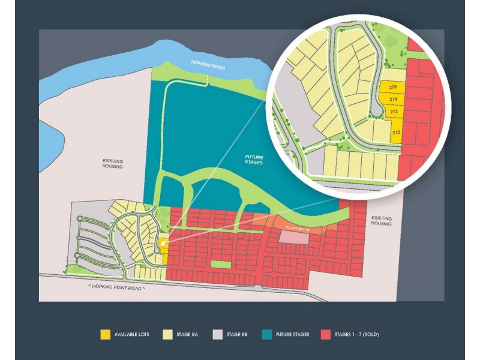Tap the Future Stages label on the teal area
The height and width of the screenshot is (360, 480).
pos(254,160)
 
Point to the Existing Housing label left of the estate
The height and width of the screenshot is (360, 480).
pos(112,163)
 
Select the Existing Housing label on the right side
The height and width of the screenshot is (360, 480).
pos(381,221)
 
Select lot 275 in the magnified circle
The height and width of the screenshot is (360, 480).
pos(393,88)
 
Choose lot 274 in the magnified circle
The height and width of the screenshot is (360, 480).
pos(393,100)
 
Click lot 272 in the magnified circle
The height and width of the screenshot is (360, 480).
pos(395,131)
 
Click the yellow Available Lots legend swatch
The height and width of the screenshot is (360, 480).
pos(106,334)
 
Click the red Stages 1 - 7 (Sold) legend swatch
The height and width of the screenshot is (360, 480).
pos(326,334)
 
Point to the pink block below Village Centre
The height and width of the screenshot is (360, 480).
pos(294,238)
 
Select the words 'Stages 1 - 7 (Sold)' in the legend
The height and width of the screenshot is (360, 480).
pos(358,334)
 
